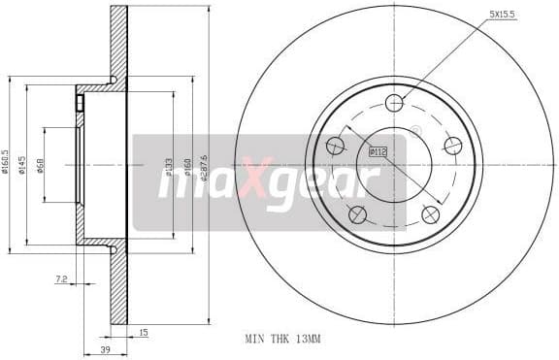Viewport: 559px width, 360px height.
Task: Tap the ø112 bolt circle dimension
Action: [x=378, y=150]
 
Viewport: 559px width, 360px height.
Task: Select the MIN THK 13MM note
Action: [x=282, y=340]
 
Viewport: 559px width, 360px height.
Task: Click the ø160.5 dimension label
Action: [x=6, y=162]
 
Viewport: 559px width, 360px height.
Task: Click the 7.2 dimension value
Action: [x=60, y=278]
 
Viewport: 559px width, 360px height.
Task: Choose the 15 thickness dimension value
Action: [x=143, y=333]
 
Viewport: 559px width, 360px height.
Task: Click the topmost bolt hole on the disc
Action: [x=394, y=103]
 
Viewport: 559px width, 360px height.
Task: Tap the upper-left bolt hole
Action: [x=336, y=146]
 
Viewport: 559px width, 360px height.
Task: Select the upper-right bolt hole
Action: [x=452, y=146]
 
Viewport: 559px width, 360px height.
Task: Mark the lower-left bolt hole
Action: [x=358, y=214]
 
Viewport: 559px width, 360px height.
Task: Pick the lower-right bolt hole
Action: [x=430, y=214]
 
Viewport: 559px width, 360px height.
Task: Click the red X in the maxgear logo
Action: [x=254, y=180]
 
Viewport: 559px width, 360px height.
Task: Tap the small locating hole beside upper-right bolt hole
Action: [x=416, y=131]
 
